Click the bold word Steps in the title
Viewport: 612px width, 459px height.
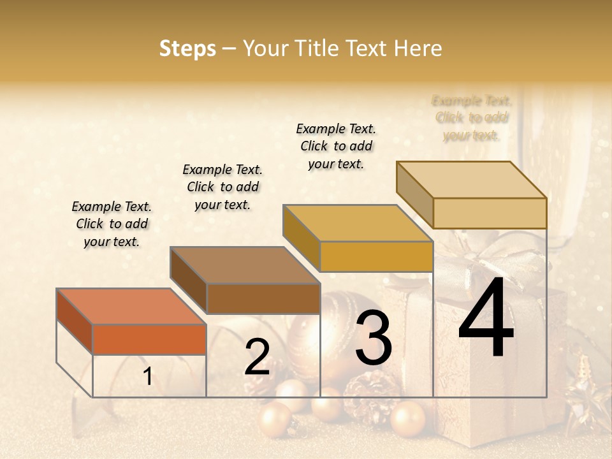click(x=187, y=48)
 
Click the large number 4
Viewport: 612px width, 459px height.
click(x=486, y=318)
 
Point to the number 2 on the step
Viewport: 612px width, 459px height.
click(x=257, y=357)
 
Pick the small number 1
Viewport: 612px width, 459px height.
click(x=147, y=377)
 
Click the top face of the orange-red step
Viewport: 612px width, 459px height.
click(x=131, y=307)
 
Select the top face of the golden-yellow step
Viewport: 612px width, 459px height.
click(x=358, y=223)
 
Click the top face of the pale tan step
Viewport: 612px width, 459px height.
click(x=471, y=180)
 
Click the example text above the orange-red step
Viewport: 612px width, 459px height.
click(x=112, y=224)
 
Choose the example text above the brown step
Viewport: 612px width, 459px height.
click(x=222, y=187)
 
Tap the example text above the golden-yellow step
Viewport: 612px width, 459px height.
click(x=336, y=146)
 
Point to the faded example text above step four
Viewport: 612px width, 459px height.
click(x=472, y=118)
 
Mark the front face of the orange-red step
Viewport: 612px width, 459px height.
click(x=149, y=339)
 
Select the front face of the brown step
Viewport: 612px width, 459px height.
click(x=263, y=298)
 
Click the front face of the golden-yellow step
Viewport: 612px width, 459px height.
click(x=376, y=257)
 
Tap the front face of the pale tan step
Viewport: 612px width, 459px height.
click(x=490, y=213)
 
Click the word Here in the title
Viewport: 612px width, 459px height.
click(x=418, y=48)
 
